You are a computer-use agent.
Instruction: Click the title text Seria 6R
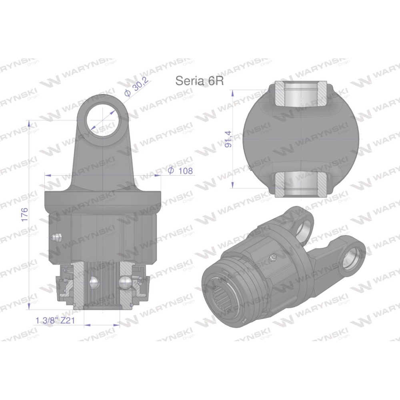pyautogui.click(x=200, y=81)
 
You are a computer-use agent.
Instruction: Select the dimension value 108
pyautogui.click(x=186, y=170)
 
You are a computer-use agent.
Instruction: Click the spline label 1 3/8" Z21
pyautogui.click(x=55, y=320)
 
